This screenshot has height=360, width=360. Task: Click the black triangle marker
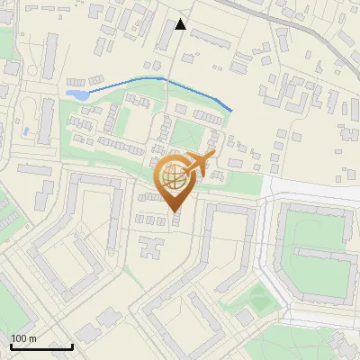click(180, 24)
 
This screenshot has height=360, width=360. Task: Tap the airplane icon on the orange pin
click(200, 163)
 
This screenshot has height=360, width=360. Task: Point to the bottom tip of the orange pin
click(175, 211)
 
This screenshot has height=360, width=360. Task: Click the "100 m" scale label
click(23, 338)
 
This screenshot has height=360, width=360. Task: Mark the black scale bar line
click(41, 346)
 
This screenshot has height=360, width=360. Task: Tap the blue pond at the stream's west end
click(76, 94)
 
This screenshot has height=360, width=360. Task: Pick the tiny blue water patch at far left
click(26, 131)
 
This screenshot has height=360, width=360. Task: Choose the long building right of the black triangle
click(212, 39)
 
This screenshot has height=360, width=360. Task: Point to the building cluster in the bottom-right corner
click(337, 346)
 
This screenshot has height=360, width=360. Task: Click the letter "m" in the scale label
click(32, 338)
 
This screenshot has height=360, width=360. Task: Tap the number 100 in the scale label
click(19, 338)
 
